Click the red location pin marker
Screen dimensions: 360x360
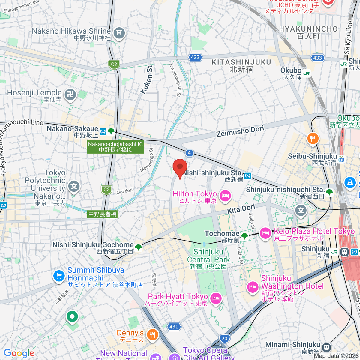click(x=180, y=167)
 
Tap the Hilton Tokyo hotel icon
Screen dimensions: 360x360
click(x=225, y=196)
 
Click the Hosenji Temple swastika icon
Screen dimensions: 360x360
click(x=70, y=95)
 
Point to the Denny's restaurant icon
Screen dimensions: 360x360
click(x=153, y=335)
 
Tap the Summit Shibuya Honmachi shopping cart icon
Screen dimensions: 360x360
click(x=59, y=276)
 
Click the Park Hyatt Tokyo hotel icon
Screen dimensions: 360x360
click(x=216, y=298)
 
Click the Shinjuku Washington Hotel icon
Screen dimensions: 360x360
click(x=252, y=287)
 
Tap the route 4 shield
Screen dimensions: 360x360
click(x=189, y=153)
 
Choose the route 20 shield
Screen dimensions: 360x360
click(x=224, y=339)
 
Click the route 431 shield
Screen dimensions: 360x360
click(x=174, y=327)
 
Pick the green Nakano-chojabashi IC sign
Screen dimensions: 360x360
click(x=115, y=147)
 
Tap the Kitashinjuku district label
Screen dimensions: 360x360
click(x=241, y=65)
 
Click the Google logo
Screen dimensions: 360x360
click(x=19, y=353)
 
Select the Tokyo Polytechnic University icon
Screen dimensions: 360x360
click(x=74, y=187)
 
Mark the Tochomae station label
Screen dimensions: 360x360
click(x=222, y=234)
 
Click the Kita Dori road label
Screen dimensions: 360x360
click(x=241, y=209)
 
